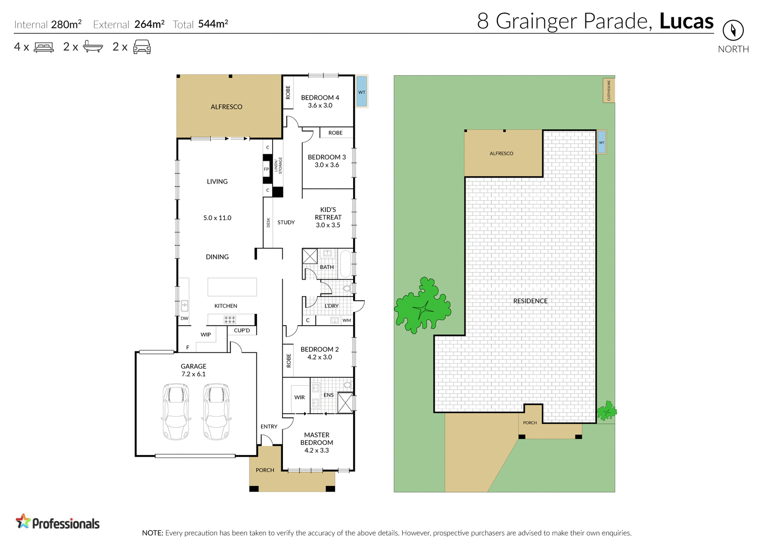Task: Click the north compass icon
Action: tap(733, 30)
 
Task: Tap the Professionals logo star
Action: tap(23, 521)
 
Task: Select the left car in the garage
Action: tap(176, 411)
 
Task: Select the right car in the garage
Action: tap(216, 411)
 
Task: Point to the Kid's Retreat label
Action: tap(328, 217)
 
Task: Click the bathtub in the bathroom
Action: tap(346, 263)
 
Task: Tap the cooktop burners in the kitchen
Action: tap(230, 320)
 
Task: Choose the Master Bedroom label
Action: tap(317, 442)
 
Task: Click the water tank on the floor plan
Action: tap(361, 91)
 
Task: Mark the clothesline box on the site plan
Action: tap(609, 90)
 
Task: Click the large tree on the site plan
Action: tap(421, 306)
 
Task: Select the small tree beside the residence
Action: tap(606, 411)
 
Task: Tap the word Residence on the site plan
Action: tap(530, 301)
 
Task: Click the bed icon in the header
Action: tap(44, 48)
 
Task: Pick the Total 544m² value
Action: tap(213, 24)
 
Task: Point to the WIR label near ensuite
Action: tap(300, 397)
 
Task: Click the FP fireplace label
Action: tap(266, 169)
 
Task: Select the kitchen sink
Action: tap(185, 306)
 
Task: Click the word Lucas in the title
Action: tap(686, 21)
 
